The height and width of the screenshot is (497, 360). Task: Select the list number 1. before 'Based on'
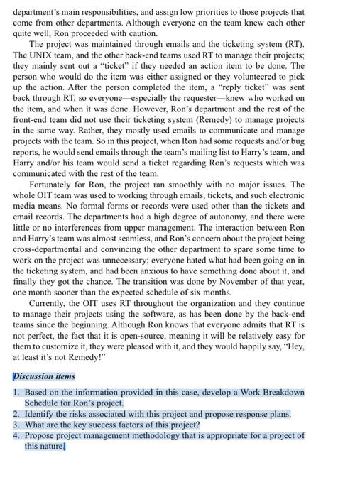[x=16, y=392]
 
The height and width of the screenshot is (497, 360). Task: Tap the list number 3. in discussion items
[x=16, y=425]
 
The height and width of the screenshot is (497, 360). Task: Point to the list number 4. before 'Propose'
[x=16, y=435]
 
